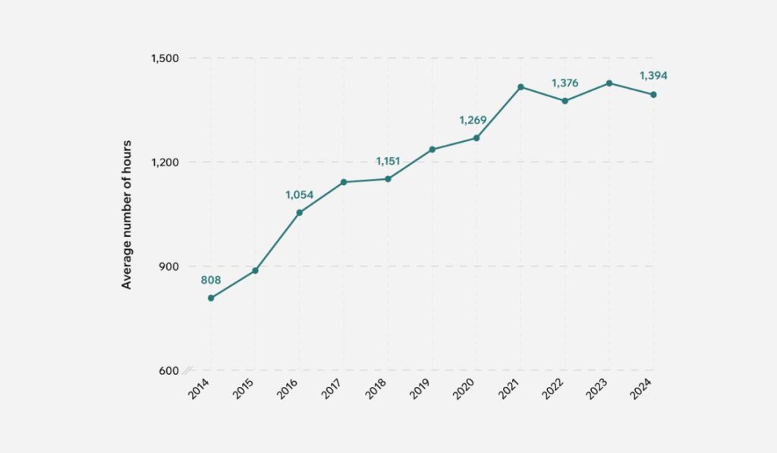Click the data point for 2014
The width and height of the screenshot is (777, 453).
[211, 298]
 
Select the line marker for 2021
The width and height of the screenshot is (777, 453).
[521, 87]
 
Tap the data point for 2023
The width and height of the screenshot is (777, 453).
[609, 83]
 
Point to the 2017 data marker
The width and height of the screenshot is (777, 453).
[344, 182]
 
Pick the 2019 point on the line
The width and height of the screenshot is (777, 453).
[432, 149]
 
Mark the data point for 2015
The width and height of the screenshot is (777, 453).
[255, 271]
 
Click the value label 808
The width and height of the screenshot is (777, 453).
[211, 280]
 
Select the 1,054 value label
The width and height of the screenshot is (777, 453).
[299, 195]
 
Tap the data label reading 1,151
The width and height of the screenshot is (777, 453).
[388, 161]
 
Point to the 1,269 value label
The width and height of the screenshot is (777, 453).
[473, 120]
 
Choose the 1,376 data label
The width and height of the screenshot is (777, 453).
[565, 83]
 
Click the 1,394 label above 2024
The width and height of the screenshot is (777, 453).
[653, 76]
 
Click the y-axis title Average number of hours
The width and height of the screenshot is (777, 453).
[127, 214]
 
